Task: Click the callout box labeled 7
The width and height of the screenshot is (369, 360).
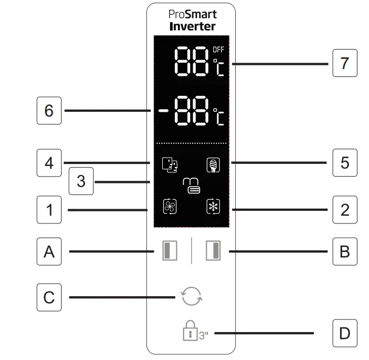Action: (344, 63)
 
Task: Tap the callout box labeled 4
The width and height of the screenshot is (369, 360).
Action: (49, 163)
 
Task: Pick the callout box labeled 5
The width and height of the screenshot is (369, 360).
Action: (345, 162)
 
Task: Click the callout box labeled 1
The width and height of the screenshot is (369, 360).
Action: (49, 210)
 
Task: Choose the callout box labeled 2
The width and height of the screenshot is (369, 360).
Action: (345, 210)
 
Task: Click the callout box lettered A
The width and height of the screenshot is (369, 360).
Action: (49, 252)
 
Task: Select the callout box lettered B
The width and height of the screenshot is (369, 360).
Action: (345, 252)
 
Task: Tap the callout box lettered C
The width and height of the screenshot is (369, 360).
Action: (49, 297)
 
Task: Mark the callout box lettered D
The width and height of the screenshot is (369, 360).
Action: (345, 333)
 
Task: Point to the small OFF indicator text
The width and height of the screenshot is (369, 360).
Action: (218, 50)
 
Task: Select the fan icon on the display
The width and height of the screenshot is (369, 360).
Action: (169, 207)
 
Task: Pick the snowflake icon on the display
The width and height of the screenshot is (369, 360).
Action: (213, 207)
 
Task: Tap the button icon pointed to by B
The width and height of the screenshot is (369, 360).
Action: (213, 251)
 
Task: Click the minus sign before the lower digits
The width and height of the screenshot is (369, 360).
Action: (162, 111)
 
